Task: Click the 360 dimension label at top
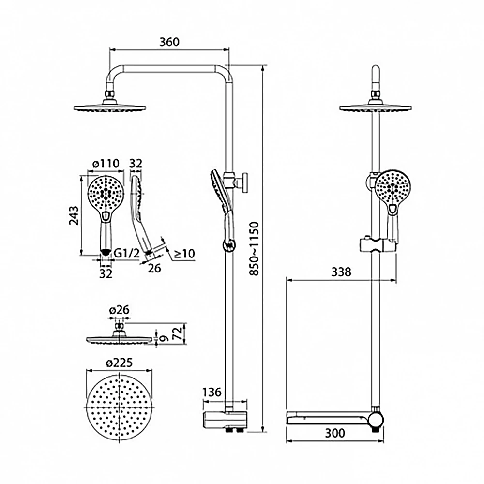tap(169, 42)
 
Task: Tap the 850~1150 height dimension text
tap(255, 248)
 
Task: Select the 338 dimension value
tap(341, 272)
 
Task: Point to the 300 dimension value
tap(335, 433)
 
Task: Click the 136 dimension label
tap(212, 392)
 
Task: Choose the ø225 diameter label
tap(119, 363)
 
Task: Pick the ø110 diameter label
tap(106, 163)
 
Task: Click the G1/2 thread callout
tap(126, 253)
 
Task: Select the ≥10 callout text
tap(184, 254)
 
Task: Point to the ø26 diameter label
tap(119, 310)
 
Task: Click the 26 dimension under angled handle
tap(154, 268)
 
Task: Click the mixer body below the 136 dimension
tap(225, 421)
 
